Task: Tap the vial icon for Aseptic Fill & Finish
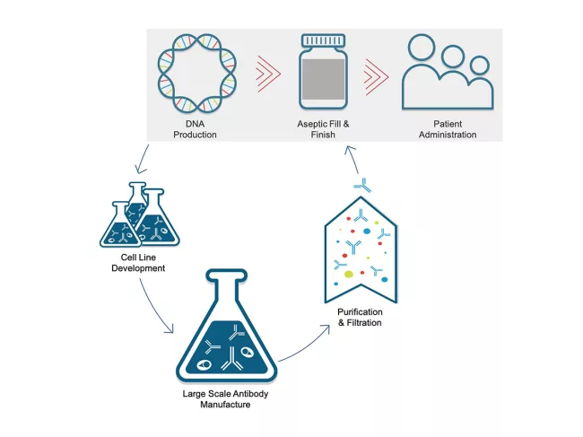pyautogui.click(x=324, y=77)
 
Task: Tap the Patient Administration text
pyautogui.click(x=447, y=128)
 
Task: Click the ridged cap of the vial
pyautogui.click(x=323, y=41)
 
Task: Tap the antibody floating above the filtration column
pyautogui.click(x=362, y=185)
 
